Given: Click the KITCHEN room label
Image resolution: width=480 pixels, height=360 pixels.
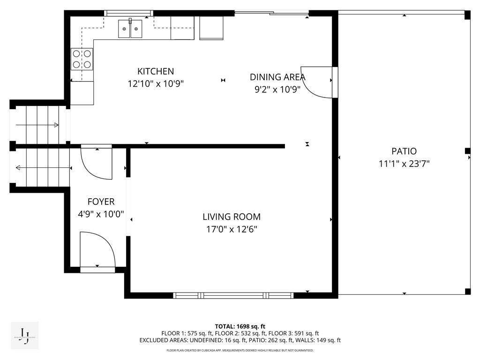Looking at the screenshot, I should [155, 71].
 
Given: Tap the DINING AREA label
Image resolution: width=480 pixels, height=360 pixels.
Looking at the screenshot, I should [277, 77].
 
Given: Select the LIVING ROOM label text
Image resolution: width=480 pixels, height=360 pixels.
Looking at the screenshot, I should [231, 217].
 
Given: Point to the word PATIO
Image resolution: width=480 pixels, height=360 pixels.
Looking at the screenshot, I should [404, 151].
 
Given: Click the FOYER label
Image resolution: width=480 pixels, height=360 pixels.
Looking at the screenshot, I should [101, 202].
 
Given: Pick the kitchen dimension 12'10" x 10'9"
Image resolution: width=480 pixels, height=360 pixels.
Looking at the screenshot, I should [155, 84].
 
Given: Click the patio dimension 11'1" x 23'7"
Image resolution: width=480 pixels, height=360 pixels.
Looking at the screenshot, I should [404, 164].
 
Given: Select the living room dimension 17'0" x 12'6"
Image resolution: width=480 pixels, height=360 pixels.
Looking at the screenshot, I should [231, 229].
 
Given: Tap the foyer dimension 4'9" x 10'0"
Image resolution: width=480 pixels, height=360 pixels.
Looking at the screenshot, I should [101, 214].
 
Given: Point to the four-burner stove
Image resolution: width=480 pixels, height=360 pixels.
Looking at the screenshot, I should [82, 59].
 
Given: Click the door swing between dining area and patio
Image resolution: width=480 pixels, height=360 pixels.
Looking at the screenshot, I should [318, 82].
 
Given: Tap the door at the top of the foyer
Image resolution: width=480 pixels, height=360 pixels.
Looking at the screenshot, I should [97, 162].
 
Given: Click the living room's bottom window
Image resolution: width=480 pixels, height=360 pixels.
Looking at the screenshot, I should [233, 295].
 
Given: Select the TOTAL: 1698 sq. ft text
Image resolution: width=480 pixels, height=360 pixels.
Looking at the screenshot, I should [240, 326].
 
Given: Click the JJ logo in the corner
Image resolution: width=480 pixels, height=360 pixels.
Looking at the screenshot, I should [24, 335].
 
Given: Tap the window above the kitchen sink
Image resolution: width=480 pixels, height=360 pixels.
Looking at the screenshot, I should [128, 13].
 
